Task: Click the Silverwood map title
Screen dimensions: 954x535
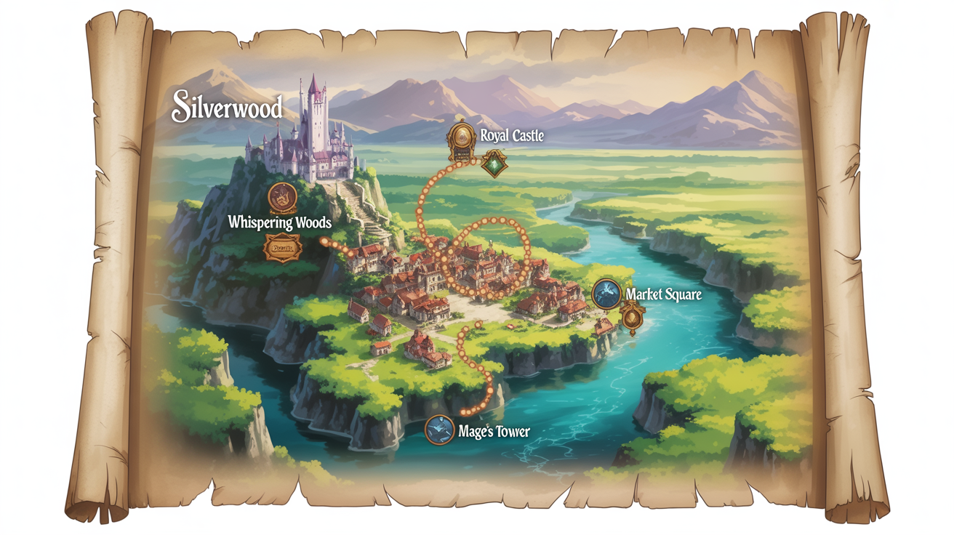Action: [x=226, y=107]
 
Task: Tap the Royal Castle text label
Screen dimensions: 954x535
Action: [x=512, y=135]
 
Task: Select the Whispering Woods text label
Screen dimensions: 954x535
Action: [x=279, y=222]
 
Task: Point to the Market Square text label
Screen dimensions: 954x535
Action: [x=663, y=295]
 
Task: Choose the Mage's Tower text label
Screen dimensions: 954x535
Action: [x=494, y=431]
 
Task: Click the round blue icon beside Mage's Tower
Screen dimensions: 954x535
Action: [x=439, y=430]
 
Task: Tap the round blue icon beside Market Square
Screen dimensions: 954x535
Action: [x=606, y=294]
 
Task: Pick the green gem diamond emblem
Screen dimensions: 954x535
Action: [x=494, y=164]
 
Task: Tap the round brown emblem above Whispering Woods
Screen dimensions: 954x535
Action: [x=282, y=196]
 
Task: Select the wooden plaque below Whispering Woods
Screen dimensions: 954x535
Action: [x=282, y=249]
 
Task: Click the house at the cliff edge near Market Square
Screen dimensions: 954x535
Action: [x=603, y=326]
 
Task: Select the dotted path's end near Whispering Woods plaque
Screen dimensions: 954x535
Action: [x=323, y=242]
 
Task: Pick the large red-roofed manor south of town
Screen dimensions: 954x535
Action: [x=425, y=347]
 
